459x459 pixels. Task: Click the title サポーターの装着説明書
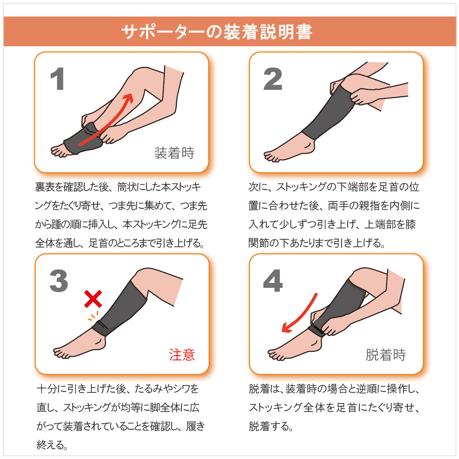(x=216, y=32)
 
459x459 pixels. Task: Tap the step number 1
(x=57, y=79)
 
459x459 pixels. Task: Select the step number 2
(x=273, y=79)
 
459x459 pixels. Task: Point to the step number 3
(x=59, y=281)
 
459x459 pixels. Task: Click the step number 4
(x=273, y=281)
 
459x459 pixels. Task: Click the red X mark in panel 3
(x=93, y=299)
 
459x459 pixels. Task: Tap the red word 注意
(x=182, y=355)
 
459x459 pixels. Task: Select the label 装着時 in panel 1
(x=174, y=153)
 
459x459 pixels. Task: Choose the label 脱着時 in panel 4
(x=385, y=355)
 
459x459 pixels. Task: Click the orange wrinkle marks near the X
(x=93, y=316)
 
